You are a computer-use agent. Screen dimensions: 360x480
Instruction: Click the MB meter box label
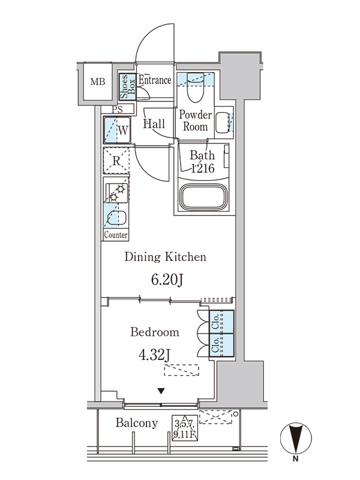(x=98, y=82)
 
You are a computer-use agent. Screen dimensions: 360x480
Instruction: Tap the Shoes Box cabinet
(x=128, y=86)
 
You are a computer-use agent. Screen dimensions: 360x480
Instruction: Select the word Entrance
(x=155, y=80)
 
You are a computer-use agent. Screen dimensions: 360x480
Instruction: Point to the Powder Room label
(x=196, y=121)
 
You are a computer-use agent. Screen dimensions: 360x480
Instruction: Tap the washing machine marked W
(x=117, y=130)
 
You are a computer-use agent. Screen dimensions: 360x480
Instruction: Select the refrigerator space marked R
(x=116, y=161)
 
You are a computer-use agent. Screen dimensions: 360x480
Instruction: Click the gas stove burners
(x=116, y=193)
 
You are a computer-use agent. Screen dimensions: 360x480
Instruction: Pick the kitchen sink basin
(x=116, y=218)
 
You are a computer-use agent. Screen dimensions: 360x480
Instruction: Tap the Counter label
(x=116, y=235)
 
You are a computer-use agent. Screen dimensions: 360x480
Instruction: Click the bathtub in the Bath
(x=205, y=197)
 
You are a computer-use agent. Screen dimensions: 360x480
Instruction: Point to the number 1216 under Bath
(x=203, y=168)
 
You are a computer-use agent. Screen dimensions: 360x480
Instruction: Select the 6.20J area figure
(x=167, y=280)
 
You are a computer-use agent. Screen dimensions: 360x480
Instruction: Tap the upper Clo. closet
(x=221, y=322)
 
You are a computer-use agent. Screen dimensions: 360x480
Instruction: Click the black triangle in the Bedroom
(x=161, y=391)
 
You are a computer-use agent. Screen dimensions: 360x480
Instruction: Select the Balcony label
(x=137, y=423)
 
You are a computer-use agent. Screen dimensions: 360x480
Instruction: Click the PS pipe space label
(x=117, y=109)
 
